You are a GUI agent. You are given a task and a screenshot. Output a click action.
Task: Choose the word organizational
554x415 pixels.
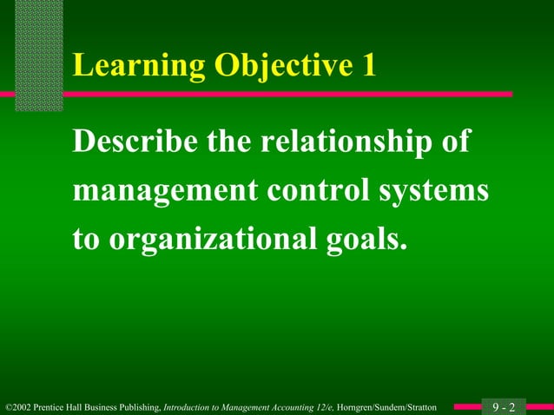(x=211, y=239)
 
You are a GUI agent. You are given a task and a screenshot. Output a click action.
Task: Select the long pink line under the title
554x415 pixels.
(x=287, y=94)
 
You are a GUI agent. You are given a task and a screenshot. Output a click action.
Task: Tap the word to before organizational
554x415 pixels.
(x=87, y=239)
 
